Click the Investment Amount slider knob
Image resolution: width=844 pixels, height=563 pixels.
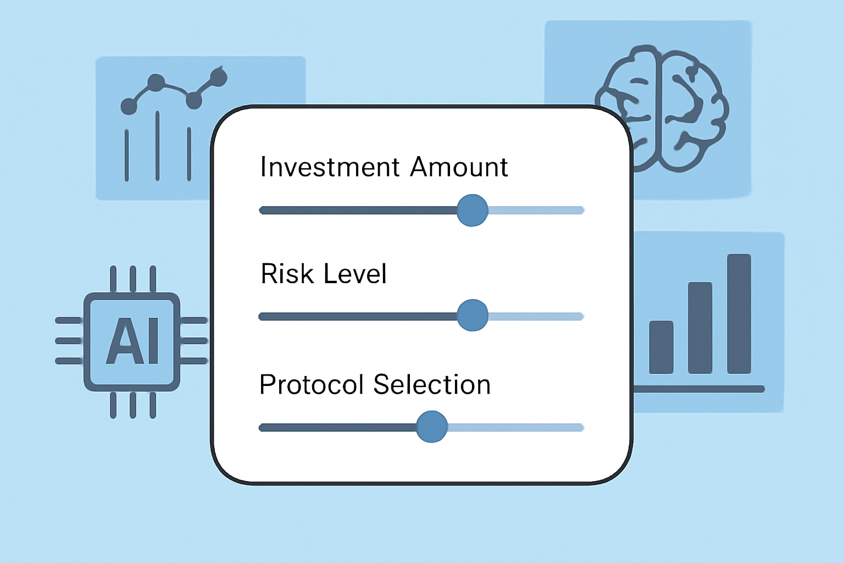[x=473, y=211]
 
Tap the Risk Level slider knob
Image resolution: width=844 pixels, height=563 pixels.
[x=473, y=315]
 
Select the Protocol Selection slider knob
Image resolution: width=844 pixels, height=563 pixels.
[x=432, y=427]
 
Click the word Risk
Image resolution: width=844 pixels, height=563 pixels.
[x=287, y=273]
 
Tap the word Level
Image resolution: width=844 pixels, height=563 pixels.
[x=355, y=273]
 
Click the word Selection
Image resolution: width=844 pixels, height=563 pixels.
[x=432, y=384]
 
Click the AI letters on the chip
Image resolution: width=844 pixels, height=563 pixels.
[x=132, y=340]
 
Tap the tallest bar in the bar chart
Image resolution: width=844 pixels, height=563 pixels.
[x=739, y=314]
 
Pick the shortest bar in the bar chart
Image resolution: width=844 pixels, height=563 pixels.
[x=661, y=347]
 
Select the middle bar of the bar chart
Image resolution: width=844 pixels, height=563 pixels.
[x=700, y=328]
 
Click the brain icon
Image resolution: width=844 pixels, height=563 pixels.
[x=662, y=109]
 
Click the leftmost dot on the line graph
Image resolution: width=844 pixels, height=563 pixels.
[x=129, y=106]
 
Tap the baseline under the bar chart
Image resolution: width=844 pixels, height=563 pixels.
[x=699, y=389]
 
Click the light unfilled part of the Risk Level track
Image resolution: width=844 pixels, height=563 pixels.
[x=536, y=316]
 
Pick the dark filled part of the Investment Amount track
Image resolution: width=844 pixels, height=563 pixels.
[x=358, y=210]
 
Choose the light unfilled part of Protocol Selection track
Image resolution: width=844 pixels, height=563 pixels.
[x=515, y=427]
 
